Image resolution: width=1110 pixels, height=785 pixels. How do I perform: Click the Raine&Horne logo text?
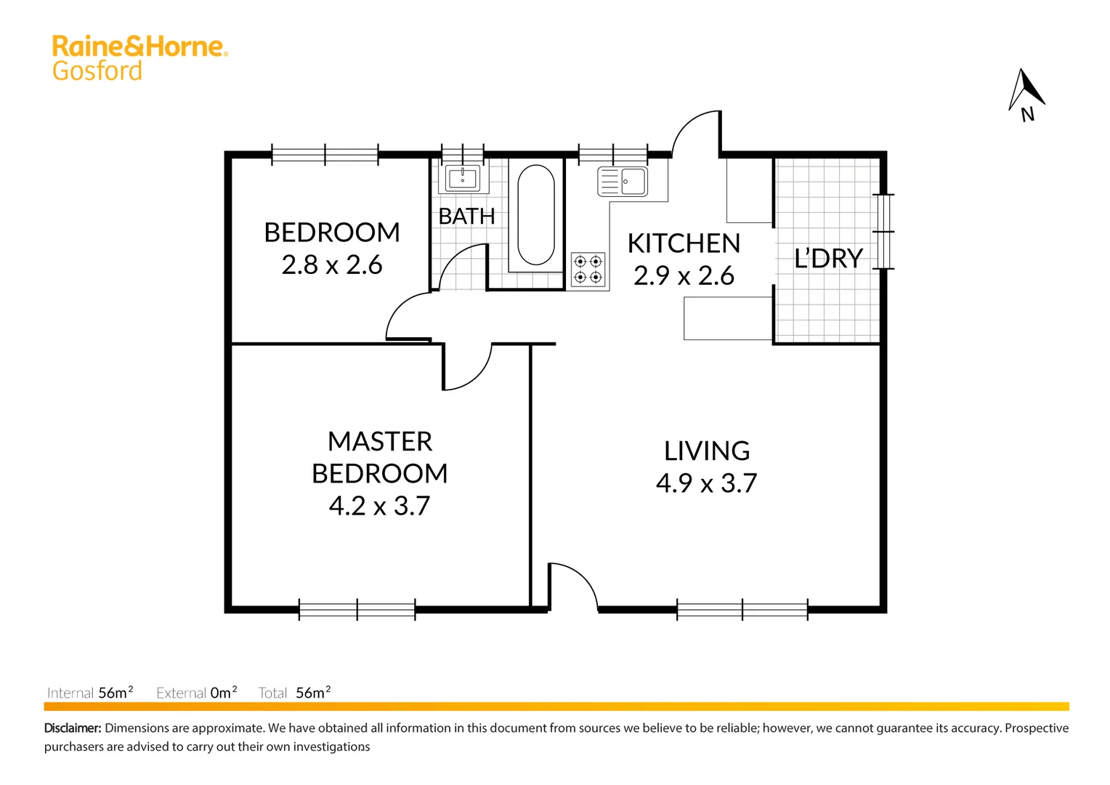tap(139, 47)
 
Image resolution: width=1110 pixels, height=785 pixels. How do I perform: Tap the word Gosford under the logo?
tap(97, 71)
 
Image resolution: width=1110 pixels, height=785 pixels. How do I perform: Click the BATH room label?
tap(466, 217)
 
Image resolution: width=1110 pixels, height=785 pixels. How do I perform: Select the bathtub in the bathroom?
tap(536, 215)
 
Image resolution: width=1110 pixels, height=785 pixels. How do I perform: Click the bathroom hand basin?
tap(462, 178)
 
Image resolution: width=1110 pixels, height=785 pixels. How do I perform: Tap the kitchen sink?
tap(623, 182)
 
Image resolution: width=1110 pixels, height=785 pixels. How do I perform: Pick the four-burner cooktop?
tap(588, 269)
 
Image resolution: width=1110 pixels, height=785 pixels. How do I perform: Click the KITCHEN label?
tap(684, 243)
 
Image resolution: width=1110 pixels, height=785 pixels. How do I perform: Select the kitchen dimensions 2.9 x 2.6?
tap(684, 276)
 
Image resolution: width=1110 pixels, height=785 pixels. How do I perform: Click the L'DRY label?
tap(828, 259)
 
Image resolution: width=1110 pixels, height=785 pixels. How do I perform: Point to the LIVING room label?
tap(707, 451)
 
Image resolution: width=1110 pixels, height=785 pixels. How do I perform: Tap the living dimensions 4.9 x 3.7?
tap(707, 483)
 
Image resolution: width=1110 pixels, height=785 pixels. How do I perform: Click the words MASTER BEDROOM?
tap(380, 457)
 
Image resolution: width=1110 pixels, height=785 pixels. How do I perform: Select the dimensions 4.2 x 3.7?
tap(380, 506)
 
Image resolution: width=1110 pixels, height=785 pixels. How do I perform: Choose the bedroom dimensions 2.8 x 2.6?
tap(332, 265)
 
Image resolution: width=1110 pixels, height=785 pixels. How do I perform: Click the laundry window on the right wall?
tap(883, 232)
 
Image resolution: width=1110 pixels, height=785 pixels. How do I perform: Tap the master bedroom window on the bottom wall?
tap(357, 609)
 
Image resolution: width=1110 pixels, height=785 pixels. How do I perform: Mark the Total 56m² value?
tap(313, 693)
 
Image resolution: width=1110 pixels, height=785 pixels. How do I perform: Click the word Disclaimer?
tap(73, 728)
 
